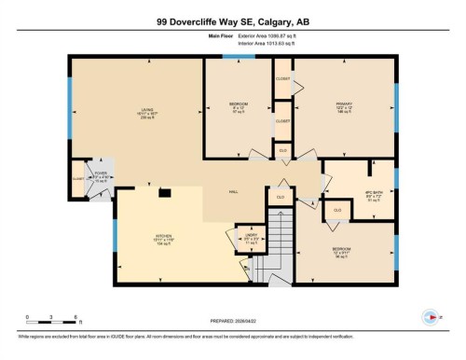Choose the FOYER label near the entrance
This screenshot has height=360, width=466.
pos(100,174)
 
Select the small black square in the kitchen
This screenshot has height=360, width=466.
pos(164,193)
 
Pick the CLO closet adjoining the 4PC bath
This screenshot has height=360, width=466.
pos(336,210)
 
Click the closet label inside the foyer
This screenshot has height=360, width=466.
pos(77,177)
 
